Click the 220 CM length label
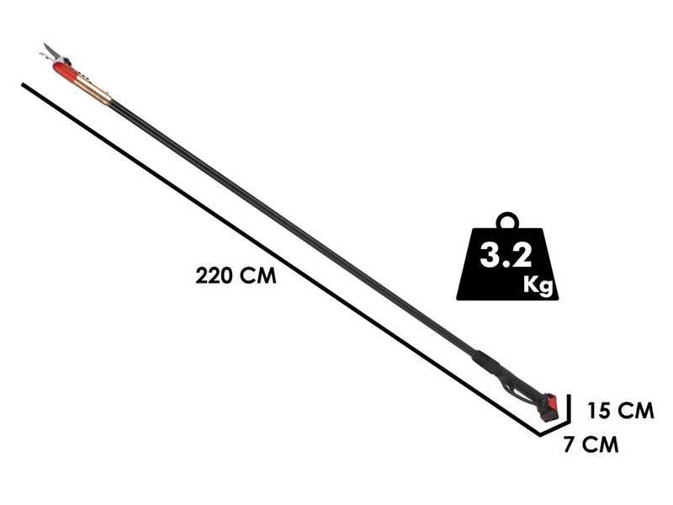[236, 275]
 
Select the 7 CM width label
[591, 445]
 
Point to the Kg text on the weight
[538, 284]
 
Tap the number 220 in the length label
[215, 275]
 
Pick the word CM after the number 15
[634, 412]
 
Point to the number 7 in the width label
[569, 445]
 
